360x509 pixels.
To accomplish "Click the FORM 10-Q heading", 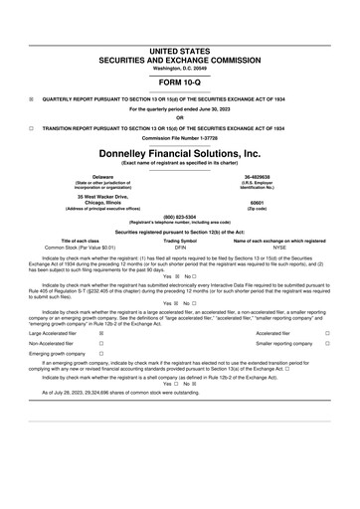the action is pos(180,83).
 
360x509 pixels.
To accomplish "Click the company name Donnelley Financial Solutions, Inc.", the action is pos(180,154).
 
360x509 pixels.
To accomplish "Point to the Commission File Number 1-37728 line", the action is pos(180,137).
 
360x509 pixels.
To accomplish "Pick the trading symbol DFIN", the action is pos(180,247).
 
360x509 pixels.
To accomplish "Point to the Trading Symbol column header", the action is pos(180,240).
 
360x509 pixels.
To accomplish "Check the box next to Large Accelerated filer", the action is pos(101,334).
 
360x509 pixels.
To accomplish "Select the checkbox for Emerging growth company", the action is pos(101,353).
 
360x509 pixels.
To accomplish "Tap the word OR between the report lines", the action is pos(180,118).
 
